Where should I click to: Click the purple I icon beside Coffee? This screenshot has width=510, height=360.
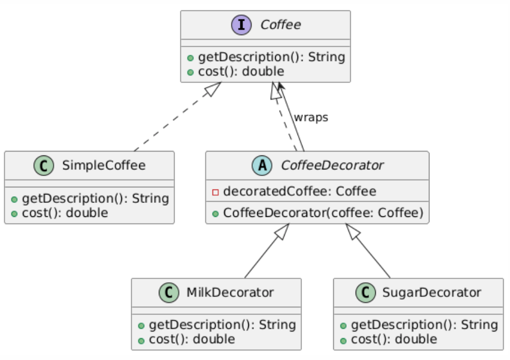point(244,25)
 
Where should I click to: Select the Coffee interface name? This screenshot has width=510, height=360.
point(280,25)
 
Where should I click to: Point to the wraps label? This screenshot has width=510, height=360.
point(311,117)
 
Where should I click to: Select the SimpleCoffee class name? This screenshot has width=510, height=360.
point(103,165)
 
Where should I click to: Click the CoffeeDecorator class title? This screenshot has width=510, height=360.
point(332,165)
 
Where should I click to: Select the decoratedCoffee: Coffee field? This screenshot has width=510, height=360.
point(299,192)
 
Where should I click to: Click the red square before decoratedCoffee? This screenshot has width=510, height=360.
point(215,192)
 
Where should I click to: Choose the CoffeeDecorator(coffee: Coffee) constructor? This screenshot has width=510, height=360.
point(323,213)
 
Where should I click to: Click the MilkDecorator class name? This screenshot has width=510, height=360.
point(230,292)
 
